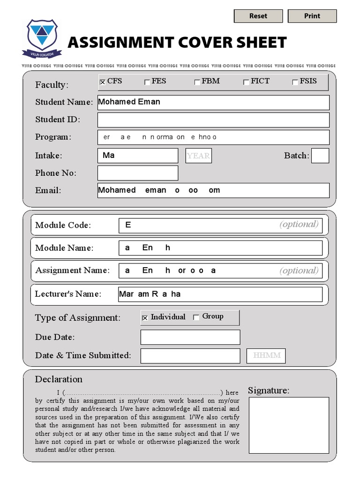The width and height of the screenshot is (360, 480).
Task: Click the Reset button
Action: pyautogui.click(x=258, y=16)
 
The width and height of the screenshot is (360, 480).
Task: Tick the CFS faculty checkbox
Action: pyautogui.click(x=102, y=82)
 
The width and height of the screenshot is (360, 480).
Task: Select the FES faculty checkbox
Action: pyautogui.click(x=147, y=82)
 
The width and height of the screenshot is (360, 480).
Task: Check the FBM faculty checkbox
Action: pyautogui.click(x=197, y=82)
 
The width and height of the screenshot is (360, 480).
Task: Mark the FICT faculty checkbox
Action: pyautogui.click(x=246, y=82)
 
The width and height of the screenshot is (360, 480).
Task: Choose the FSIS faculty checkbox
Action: pyautogui.click(x=295, y=82)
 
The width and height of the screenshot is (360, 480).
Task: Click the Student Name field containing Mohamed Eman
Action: pyautogui.click(x=213, y=102)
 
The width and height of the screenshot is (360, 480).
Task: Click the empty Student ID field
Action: pyautogui.click(x=213, y=120)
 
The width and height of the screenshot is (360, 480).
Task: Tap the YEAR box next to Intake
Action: pyautogui.click(x=198, y=156)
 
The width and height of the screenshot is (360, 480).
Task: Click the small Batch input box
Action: pyautogui.click(x=320, y=156)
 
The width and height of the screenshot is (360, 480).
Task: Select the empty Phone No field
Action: pyautogui.click(x=138, y=173)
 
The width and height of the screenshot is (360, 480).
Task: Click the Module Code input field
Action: pyautogui.click(x=220, y=225)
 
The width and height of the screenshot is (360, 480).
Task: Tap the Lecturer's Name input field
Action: pyautogui.click(x=220, y=294)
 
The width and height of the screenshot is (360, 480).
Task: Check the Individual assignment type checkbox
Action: pyautogui.click(x=145, y=318)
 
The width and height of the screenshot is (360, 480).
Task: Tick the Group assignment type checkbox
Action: pyautogui.click(x=196, y=317)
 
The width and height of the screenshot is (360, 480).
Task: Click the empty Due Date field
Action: pyautogui.click(x=190, y=337)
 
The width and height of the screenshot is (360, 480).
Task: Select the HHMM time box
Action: pyautogui.click(x=266, y=356)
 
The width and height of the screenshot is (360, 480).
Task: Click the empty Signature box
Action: pyautogui.click(x=289, y=425)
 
